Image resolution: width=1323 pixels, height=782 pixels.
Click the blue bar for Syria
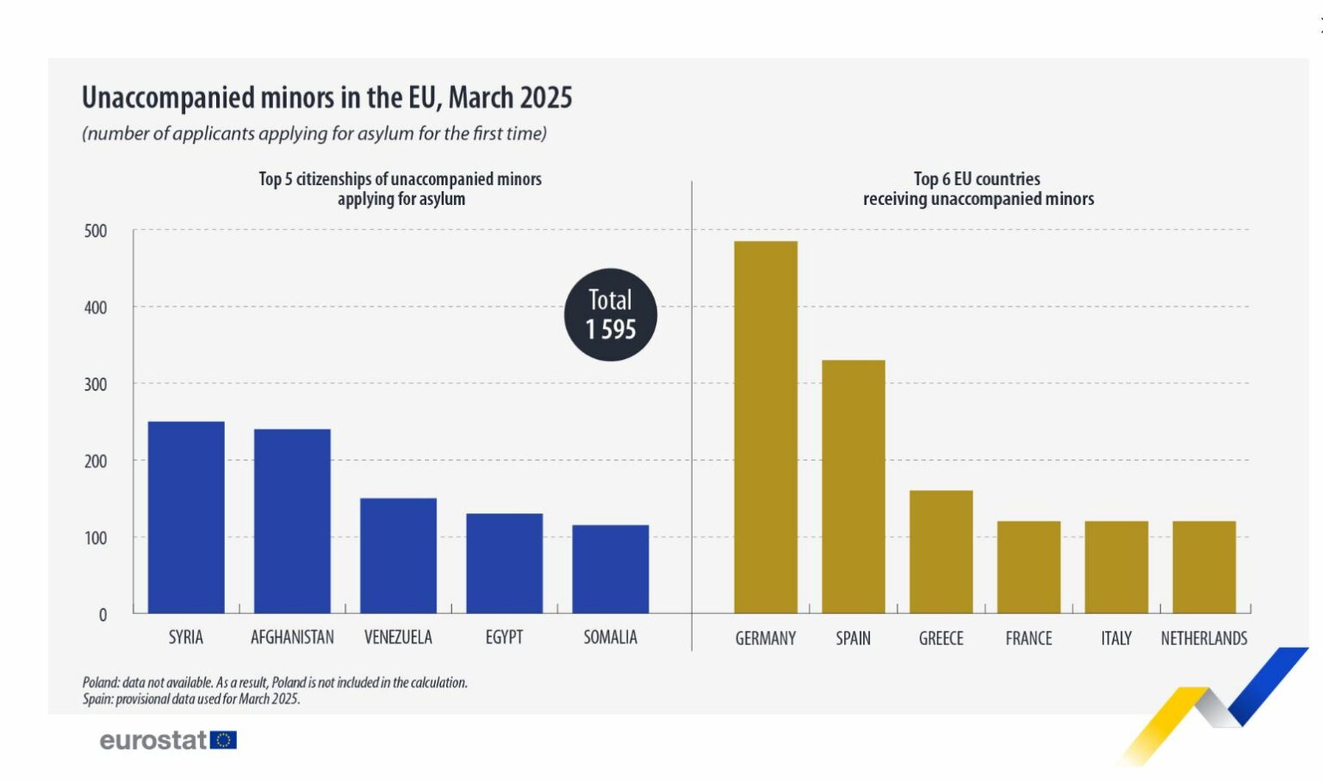[186, 517]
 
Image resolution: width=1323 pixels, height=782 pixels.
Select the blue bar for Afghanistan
[292, 521]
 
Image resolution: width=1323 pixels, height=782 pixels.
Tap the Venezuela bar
[398, 555]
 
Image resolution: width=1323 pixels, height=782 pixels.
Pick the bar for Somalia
[611, 568]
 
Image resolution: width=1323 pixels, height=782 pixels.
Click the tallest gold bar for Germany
[766, 427]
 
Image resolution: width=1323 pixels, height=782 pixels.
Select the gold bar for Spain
[854, 487]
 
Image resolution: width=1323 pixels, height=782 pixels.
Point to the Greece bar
[941, 551]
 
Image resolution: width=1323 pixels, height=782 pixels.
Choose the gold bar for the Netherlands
[1204, 567]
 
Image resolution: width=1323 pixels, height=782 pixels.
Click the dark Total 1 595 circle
[611, 314]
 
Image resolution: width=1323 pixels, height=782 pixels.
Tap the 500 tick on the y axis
[96, 231]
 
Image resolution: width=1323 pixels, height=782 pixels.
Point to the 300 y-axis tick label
[96, 384]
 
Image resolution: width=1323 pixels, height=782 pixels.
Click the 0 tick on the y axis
[102, 615]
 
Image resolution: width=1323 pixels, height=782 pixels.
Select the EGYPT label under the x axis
[504, 637]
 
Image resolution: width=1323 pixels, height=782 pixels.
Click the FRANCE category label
[1028, 638]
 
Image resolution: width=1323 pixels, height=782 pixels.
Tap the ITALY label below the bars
[1116, 638]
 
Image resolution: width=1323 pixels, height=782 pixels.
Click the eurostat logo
[168, 740]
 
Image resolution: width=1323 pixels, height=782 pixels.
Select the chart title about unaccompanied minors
[326, 97]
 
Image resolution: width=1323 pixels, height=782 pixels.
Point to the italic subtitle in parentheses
[314, 133]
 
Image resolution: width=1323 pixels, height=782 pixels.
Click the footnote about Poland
[275, 682]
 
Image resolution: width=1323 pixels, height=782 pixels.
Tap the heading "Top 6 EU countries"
[978, 179]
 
